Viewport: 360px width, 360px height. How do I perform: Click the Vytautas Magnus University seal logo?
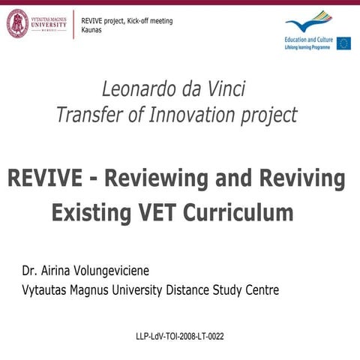[x=17, y=23]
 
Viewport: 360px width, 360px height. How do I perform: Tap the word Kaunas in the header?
[x=94, y=30]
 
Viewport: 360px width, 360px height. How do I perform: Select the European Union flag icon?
[x=343, y=43]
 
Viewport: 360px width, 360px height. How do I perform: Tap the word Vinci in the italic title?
[x=224, y=91]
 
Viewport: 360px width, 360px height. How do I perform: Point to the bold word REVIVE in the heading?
[x=47, y=179]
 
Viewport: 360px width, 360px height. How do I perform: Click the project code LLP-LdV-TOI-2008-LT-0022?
[x=179, y=336]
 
